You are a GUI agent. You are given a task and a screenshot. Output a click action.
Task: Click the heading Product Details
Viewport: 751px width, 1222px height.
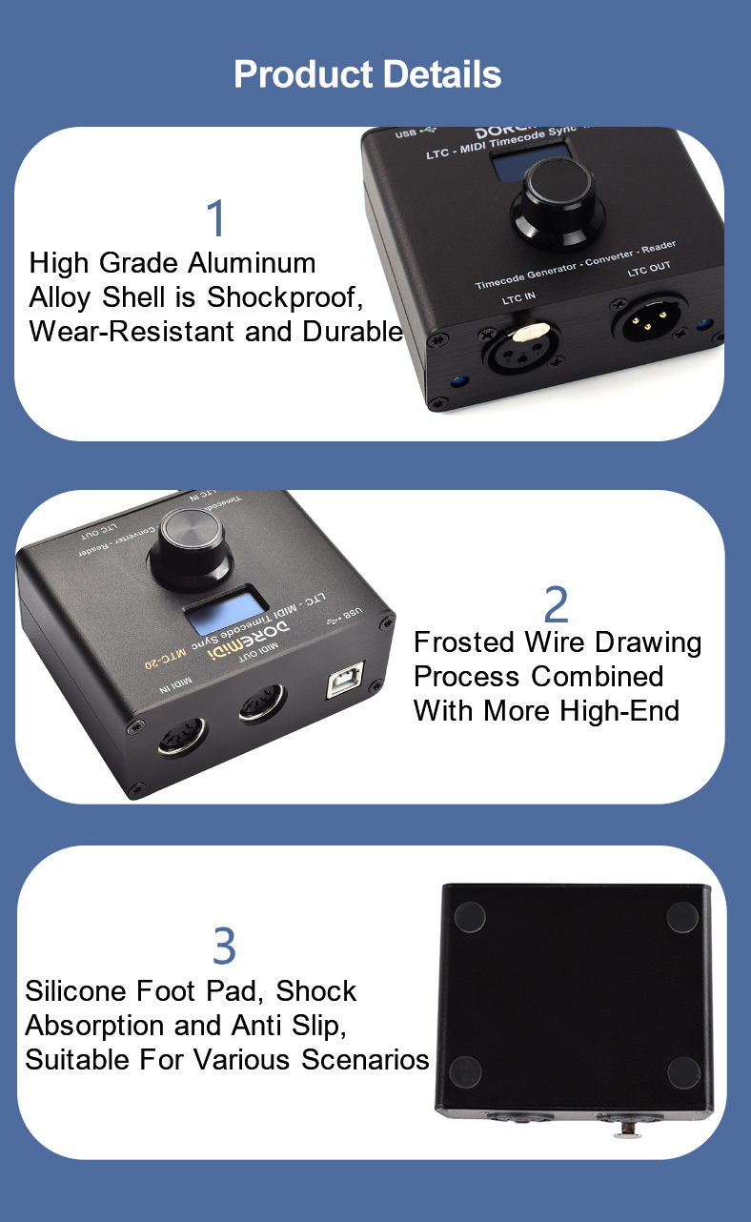[x=367, y=74]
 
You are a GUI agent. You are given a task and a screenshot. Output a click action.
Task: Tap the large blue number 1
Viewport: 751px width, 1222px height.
[x=217, y=218]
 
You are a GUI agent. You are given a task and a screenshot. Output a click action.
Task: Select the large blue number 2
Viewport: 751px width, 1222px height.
[x=556, y=604]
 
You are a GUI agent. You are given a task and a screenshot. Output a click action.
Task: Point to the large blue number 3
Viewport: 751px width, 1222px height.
[x=223, y=947]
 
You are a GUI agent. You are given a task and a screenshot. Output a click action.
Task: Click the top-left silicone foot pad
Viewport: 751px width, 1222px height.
[x=469, y=917]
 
